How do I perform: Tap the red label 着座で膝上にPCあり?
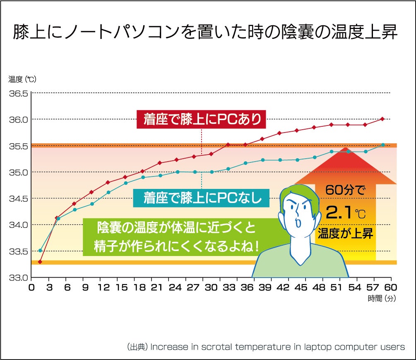(x=202, y=119)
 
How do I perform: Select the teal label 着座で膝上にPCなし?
(x=202, y=198)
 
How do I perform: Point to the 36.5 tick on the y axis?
(x=18, y=93)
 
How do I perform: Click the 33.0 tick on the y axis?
(x=18, y=277)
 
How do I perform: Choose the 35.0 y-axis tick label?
(x=18, y=172)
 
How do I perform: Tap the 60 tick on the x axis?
(x=391, y=287)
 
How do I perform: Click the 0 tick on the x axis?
(x=31, y=287)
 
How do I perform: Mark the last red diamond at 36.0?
(x=382, y=119)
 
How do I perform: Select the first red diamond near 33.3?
(x=40, y=262)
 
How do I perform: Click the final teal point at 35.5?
(x=383, y=145)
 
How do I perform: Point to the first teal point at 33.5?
(x=40, y=251)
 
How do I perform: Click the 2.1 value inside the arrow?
(x=339, y=213)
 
